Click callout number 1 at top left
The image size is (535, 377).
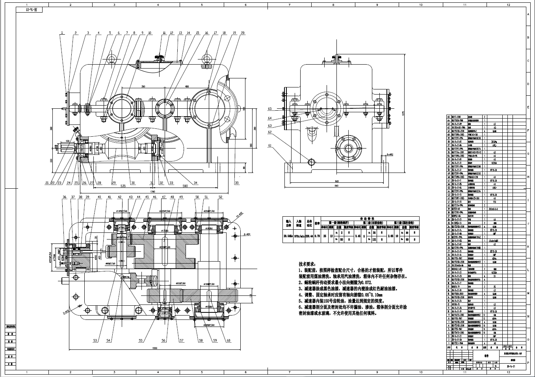[61, 33]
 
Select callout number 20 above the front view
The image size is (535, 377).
[243, 33]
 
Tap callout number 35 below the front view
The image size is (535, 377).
[236, 183]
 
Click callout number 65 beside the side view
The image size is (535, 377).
[270, 109]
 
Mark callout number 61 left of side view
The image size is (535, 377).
[270, 146]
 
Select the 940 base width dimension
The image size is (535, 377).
[336, 185]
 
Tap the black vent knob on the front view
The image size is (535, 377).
[160, 58]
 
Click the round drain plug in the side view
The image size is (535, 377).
[311, 162]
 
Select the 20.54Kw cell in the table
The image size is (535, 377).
[288, 236]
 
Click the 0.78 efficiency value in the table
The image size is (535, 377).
[318, 236]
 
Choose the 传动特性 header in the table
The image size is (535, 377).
[367, 218]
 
